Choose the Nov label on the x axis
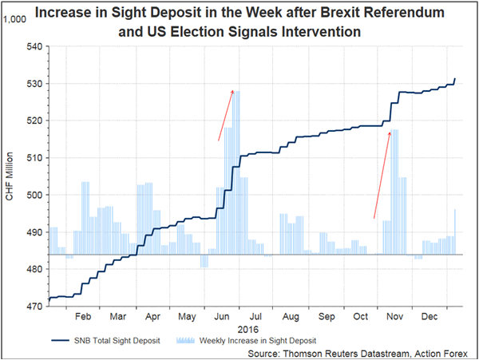pyautogui.click(x=394, y=316)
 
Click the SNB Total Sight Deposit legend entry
pyautogui.click(x=105, y=339)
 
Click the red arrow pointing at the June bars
pyautogui.click(x=225, y=115)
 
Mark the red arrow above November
pyautogui.click(x=382, y=174)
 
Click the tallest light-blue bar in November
pyautogui.click(x=394, y=192)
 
